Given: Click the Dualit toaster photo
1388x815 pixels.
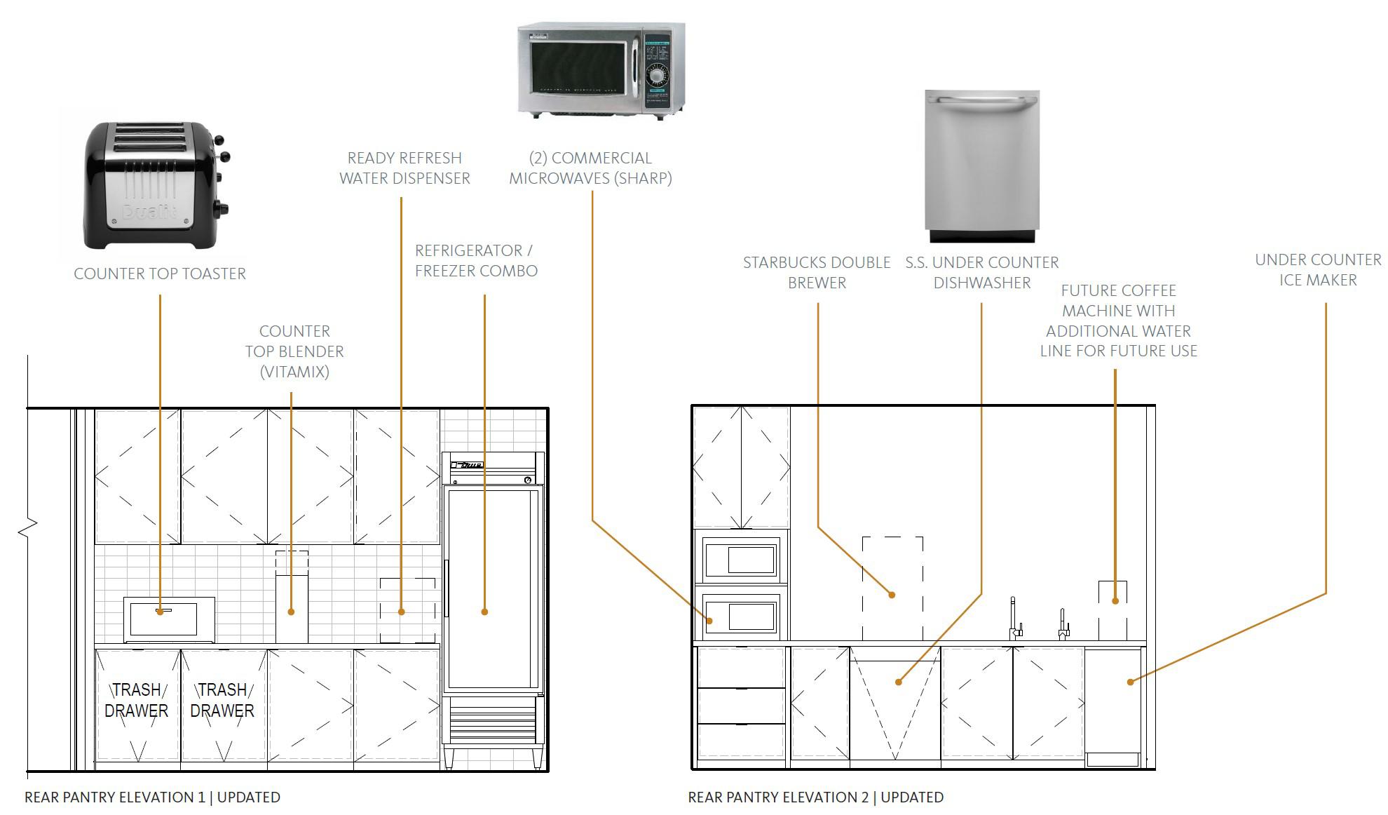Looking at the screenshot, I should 156,186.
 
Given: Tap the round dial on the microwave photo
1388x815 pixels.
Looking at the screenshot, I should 657,75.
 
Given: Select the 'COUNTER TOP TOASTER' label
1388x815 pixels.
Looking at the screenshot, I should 160,274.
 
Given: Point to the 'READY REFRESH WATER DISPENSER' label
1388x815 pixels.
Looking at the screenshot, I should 404,168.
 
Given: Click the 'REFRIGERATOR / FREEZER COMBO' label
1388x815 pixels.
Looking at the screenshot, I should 476,261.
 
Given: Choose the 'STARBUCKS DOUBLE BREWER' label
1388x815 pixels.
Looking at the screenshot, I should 817,272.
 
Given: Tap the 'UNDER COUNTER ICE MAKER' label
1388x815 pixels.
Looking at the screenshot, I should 1318,270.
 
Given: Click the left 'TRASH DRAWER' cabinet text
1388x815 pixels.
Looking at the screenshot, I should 137,700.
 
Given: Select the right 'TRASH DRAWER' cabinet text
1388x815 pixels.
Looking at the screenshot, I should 222,700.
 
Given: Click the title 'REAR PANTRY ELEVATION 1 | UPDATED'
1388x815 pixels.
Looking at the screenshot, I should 152,797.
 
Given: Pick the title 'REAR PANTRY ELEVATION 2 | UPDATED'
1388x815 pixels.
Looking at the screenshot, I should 815,797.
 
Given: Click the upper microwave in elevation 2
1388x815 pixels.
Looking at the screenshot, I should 741,559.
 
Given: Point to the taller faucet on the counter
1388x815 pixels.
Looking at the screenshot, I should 1014,618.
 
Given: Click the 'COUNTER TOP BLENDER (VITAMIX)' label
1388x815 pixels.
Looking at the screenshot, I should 294,351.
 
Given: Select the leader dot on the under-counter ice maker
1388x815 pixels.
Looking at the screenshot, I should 1130,682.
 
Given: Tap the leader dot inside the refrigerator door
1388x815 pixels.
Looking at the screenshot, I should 484,612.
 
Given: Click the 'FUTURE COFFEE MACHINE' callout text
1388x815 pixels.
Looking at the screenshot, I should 1118,321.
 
